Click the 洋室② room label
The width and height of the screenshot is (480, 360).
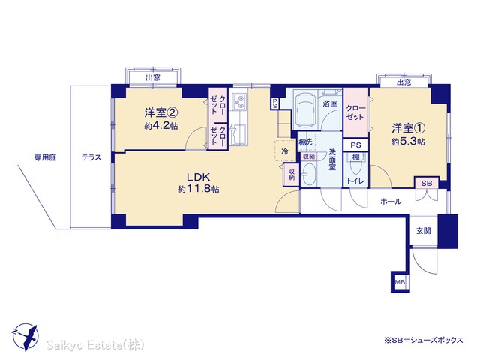161,113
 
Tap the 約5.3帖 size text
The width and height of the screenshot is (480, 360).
408,142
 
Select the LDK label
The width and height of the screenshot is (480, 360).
198,177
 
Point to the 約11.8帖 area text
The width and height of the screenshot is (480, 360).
198,189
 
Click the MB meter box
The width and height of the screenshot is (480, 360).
400,282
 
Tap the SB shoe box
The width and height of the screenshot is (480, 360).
427,183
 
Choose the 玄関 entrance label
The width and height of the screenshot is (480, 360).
423,230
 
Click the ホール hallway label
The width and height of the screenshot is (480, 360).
391,202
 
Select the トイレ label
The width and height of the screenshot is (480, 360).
355,181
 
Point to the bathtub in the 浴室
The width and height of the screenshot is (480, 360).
306,110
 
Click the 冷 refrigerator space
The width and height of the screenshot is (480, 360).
285,151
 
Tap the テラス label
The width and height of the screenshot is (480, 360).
91,157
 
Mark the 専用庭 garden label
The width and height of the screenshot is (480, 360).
45,157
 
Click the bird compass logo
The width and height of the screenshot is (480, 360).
25,337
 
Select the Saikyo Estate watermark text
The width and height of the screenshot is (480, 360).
95,345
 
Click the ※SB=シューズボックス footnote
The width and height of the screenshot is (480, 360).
424,340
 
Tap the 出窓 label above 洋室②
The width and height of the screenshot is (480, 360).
153,77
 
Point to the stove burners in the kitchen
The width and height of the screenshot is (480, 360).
238,101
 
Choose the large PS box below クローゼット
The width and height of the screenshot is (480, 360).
355,145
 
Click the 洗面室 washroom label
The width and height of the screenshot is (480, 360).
332,159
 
